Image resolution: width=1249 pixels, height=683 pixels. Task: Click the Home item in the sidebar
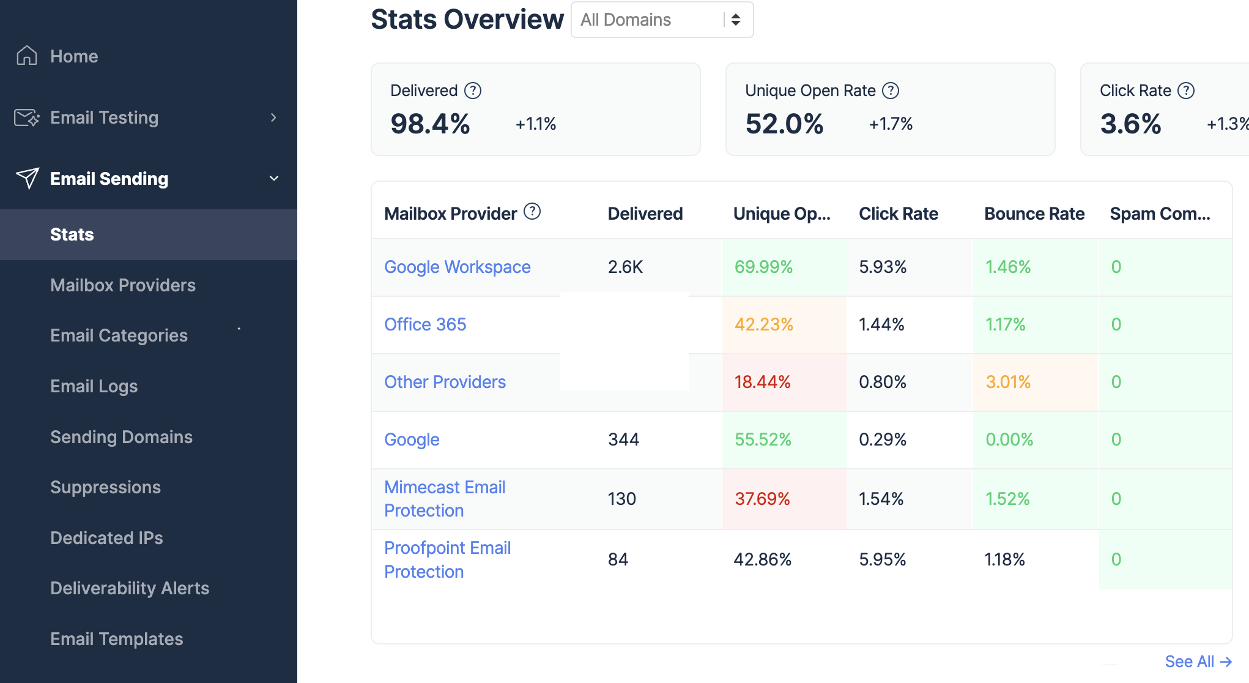pos(73,56)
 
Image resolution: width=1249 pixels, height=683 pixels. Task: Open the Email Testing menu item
pos(104,118)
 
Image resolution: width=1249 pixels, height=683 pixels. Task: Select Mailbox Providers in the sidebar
pos(122,285)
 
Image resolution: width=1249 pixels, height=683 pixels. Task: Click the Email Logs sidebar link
pos(94,386)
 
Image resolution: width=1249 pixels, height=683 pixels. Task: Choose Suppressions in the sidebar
pos(105,487)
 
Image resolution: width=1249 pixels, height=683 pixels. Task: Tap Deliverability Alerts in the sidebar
pos(130,588)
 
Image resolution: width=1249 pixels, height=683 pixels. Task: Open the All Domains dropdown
pos(661,20)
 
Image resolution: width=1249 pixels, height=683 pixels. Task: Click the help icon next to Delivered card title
pos(473,91)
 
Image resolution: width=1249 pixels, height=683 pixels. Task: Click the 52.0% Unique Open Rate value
pos(784,124)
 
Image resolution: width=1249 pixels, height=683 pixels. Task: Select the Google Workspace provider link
pos(457,267)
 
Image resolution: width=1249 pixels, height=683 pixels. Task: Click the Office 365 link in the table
pos(424,324)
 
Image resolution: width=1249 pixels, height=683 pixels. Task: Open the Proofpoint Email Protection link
pos(447,559)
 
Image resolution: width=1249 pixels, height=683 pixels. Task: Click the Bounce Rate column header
pos(1034,214)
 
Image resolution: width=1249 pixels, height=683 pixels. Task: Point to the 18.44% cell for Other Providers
pos(762,382)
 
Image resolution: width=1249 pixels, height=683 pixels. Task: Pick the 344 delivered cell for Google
pos(623,439)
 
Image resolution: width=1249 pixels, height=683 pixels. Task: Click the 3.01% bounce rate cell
pos(1007,382)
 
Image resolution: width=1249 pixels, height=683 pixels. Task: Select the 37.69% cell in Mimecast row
pos(762,499)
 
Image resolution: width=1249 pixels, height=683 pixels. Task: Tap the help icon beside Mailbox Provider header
pos(532,212)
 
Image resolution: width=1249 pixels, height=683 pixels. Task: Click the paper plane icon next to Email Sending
pos(28,179)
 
